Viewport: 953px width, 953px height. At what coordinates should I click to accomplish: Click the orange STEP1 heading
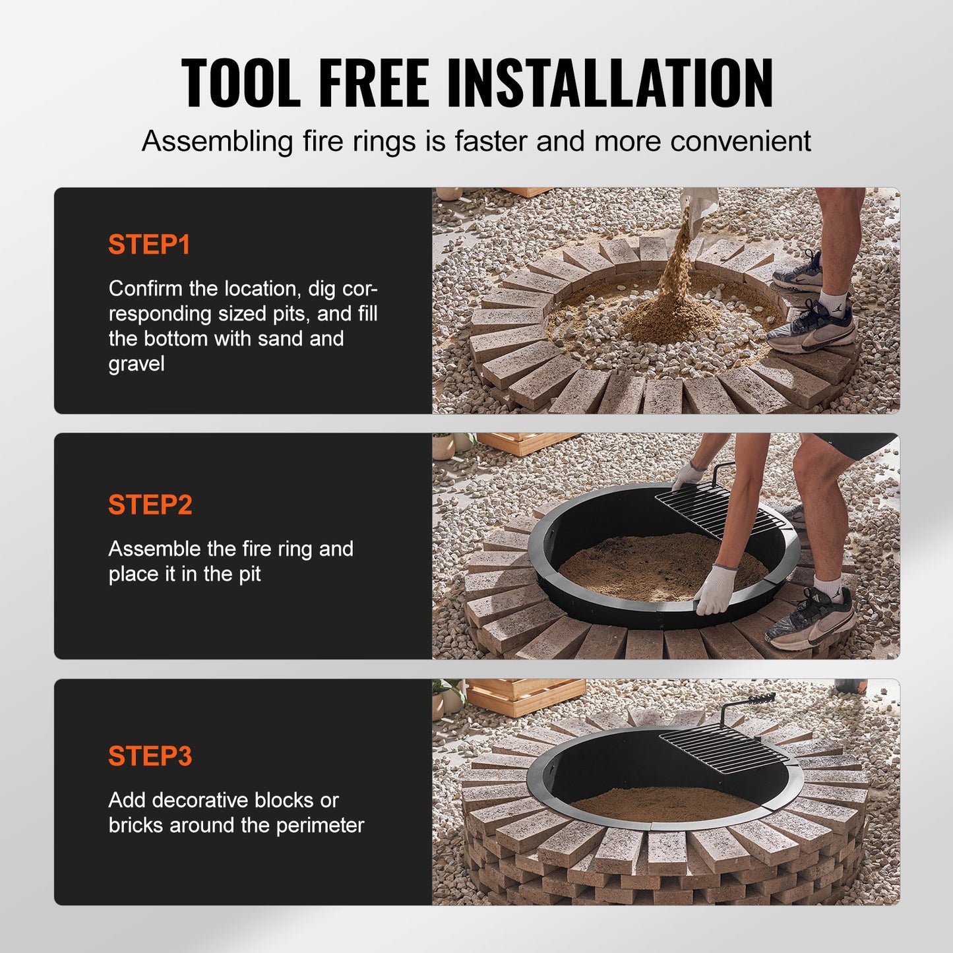[149, 245]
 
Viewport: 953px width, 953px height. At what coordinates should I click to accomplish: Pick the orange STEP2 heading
[150, 505]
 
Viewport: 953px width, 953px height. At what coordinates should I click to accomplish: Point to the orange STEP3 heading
[150, 756]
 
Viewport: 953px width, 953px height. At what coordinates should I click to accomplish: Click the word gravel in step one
[137, 364]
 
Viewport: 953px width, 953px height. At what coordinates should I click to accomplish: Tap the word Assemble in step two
[154, 549]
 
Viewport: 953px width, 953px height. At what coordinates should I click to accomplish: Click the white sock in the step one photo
[834, 300]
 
